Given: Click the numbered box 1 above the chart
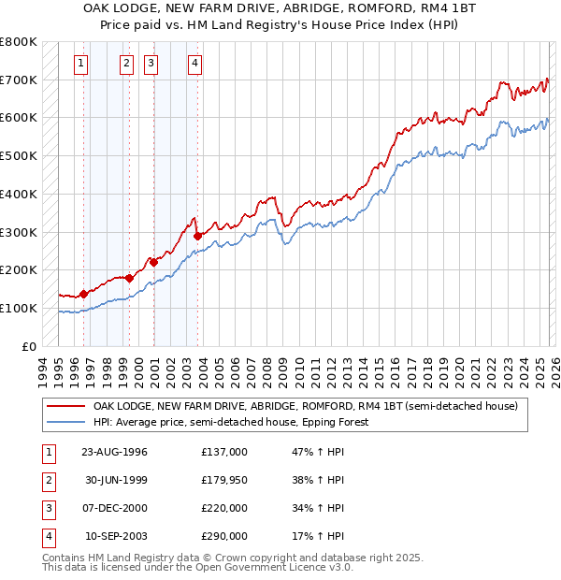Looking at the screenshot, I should point(82,64).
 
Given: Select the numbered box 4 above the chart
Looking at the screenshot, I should point(194,64).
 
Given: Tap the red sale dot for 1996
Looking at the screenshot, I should point(84,294).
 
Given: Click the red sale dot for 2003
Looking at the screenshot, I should point(197,236).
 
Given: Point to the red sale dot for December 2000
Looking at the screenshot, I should point(153,262).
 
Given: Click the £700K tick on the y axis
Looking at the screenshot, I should point(19,80).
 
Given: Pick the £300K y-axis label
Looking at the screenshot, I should point(19,232).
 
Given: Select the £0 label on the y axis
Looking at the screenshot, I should point(30,346).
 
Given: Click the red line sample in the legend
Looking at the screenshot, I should point(65,406).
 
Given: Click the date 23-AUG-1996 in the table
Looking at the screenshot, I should point(114,452).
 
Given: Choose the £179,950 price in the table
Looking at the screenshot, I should point(224,480).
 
